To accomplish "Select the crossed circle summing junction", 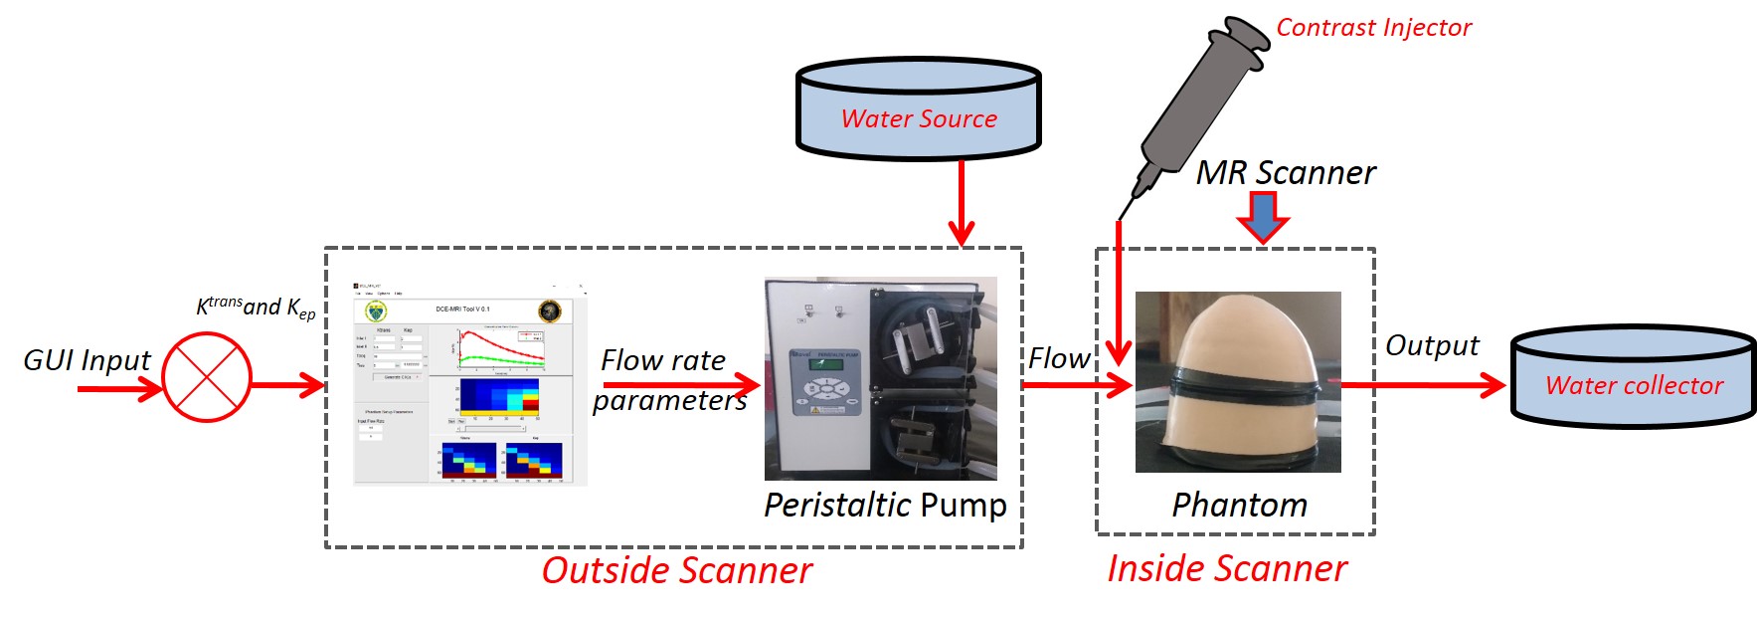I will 207,377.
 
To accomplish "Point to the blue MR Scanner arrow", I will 1262,217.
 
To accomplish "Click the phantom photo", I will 1238,381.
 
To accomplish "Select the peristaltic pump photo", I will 880,378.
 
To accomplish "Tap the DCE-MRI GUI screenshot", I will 470,384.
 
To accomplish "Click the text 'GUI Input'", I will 87,360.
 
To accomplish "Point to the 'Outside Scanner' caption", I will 676,571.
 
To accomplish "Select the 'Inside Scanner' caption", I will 1227,569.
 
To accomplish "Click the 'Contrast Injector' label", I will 1373,28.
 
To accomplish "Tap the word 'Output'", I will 1432,345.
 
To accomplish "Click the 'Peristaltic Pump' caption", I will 885,505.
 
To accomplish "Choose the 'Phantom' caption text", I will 1239,505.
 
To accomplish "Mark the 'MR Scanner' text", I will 1285,173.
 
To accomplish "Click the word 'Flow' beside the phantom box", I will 1058,358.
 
